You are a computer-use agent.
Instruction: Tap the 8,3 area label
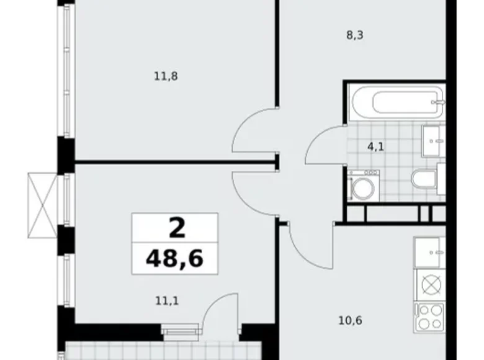355,35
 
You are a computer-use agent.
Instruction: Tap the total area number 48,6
174,257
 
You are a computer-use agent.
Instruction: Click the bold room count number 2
176,228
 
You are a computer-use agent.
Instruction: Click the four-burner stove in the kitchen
430,317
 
